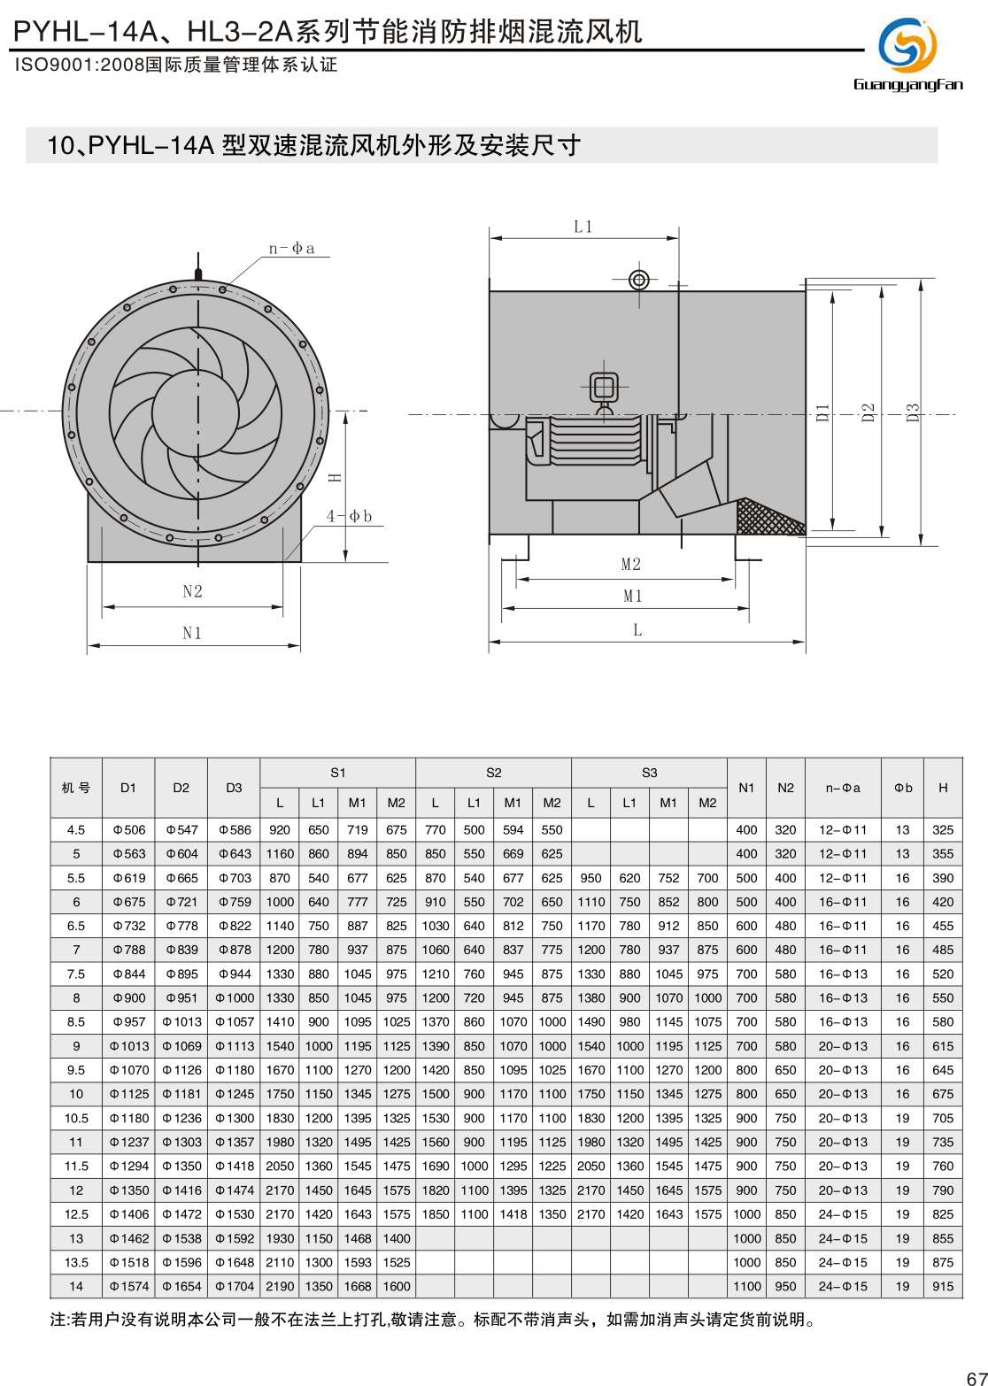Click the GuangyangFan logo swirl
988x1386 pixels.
(907, 45)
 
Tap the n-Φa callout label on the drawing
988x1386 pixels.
(291, 249)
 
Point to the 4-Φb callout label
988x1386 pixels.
(349, 516)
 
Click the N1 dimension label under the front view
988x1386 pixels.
(192, 633)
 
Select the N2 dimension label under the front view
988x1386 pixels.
(192, 591)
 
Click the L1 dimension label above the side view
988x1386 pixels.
(583, 227)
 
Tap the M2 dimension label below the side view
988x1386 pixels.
(631, 565)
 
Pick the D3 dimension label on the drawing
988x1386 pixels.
(913, 412)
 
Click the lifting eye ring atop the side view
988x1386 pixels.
(639, 280)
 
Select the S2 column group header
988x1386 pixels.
(493, 773)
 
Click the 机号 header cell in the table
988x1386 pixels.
(76, 788)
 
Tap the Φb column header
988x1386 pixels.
(903, 788)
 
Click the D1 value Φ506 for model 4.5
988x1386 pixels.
(128, 830)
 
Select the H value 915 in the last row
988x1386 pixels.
(943, 1286)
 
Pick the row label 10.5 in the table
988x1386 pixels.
(76, 1118)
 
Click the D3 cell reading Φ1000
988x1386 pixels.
(235, 998)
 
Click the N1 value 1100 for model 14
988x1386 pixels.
(746, 1286)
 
